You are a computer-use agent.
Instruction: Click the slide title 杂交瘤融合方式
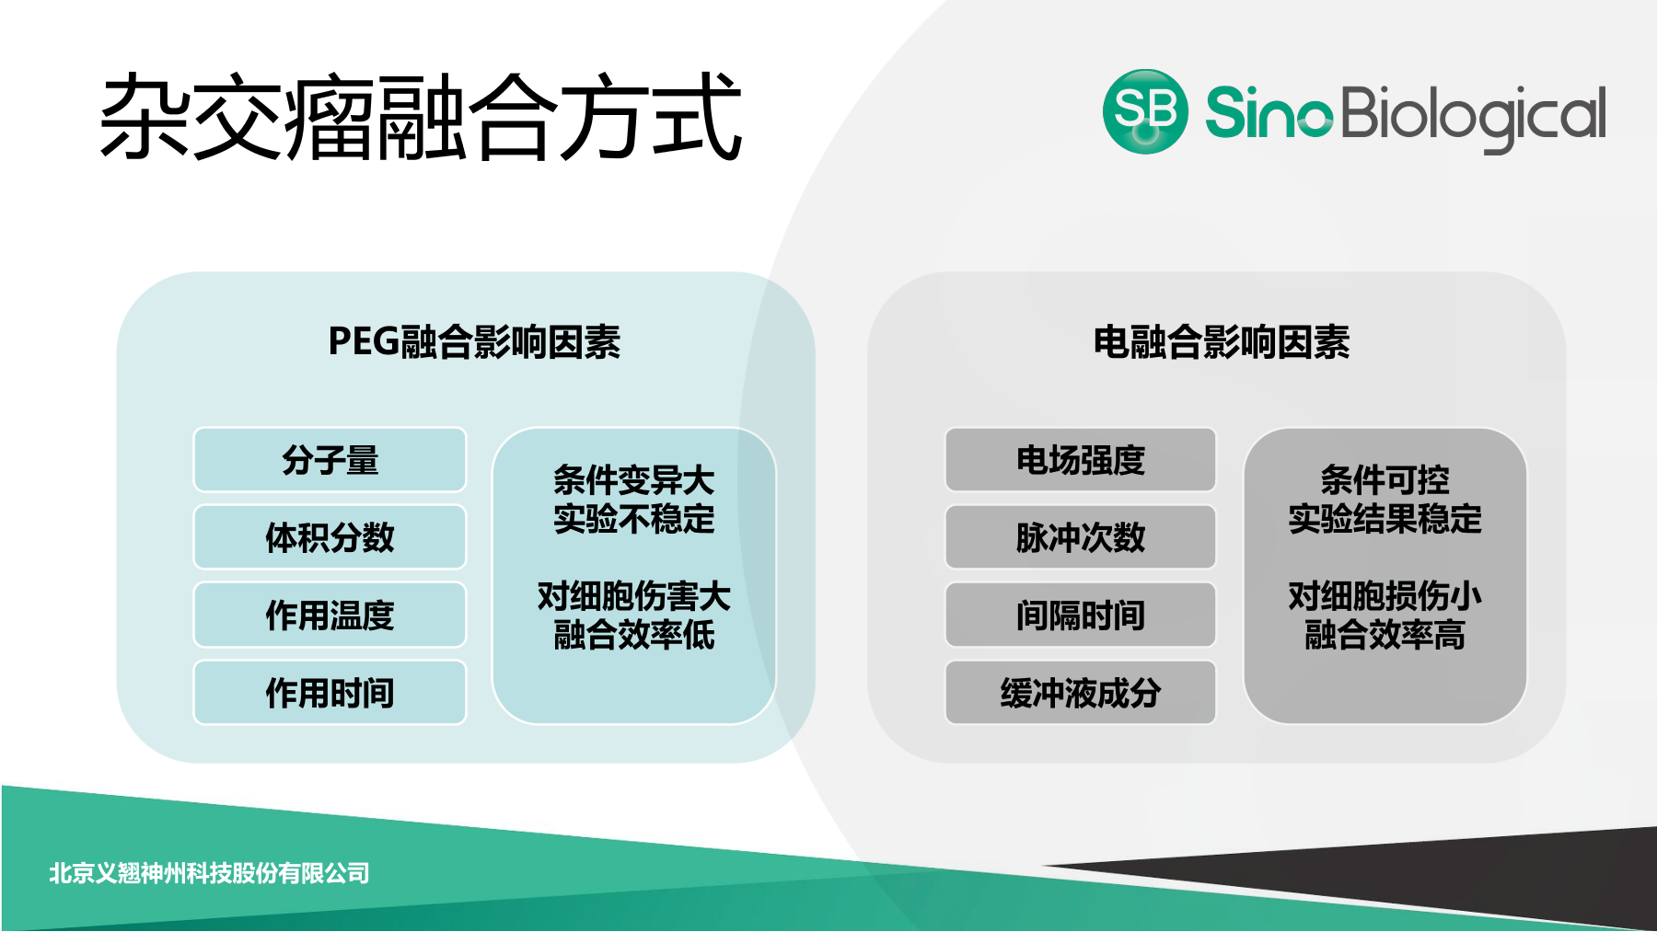pyautogui.click(x=421, y=118)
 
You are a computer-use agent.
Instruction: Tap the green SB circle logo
pyautogui.click(x=1144, y=111)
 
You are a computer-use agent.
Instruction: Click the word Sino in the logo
pyautogui.click(x=1268, y=113)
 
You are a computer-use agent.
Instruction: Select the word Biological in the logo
pyautogui.click(x=1473, y=116)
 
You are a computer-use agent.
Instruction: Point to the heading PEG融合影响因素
pyautogui.click(x=474, y=342)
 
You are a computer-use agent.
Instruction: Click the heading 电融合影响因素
pyautogui.click(x=1221, y=342)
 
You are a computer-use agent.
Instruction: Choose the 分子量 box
pyautogui.click(x=330, y=460)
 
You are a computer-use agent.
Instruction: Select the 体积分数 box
pyautogui.click(x=330, y=537)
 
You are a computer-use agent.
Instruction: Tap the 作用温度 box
pyautogui.click(x=330, y=615)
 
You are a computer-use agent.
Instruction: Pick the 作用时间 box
pyautogui.click(x=330, y=693)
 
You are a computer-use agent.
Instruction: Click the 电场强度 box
pyautogui.click(x=1080, y=460)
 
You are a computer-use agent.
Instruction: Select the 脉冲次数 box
pyautogui.click(x=1080, y=537)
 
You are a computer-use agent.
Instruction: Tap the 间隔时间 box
pyautogui.click(x=1080, y=615)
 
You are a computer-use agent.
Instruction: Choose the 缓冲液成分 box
pyautogui.click(x=1080, y=693)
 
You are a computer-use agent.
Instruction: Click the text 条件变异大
pyautogui.click(x=633, y=480)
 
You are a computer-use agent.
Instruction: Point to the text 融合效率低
pyautogui.click(x=633, y=635)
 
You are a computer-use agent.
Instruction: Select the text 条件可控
pyautogui.click(x=1385, y=480)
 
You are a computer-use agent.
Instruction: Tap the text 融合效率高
pyautogui.click(x=1385, y=635)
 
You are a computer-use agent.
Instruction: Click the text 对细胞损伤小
pyautogui.click(x=1385, y=596)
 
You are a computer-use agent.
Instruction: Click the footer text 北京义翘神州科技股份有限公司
pyautogui.click(x=209, y=873)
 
